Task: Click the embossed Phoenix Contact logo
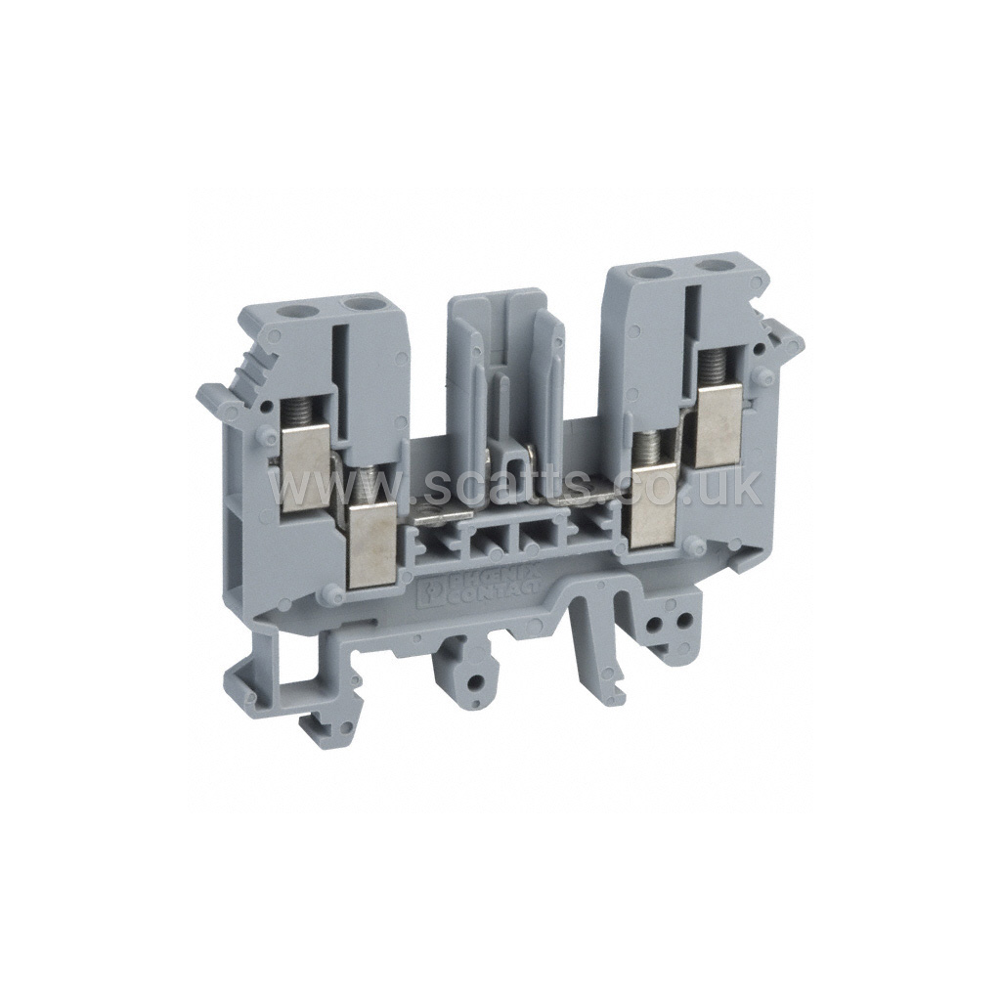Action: (482, 585)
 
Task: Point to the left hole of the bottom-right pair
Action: (657, 622)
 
